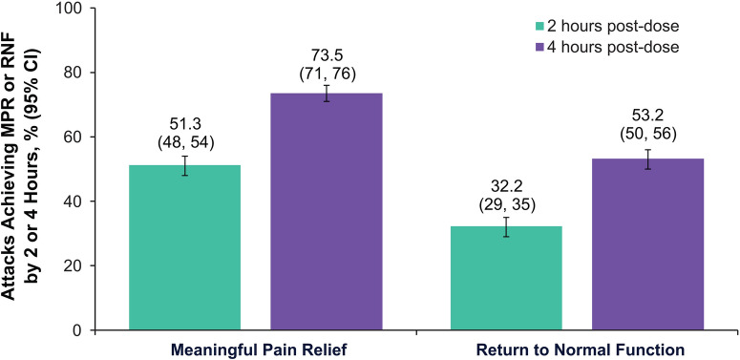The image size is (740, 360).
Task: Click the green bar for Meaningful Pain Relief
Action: click(184, 247)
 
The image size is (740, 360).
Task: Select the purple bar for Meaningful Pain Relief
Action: click(327, 211)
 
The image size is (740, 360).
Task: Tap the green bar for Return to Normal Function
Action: click(506, 278)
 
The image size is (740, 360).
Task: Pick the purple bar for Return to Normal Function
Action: click(648, 244)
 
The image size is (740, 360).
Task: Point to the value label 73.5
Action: click(327, 53)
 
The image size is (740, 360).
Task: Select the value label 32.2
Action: click(506, 186)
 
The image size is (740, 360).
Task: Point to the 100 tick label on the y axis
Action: click(68, 9)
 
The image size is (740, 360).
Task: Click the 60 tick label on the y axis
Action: click(72, 137)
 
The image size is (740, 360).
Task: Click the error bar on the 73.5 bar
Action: click(327, 94)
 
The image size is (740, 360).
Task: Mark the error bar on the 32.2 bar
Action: click(506, 227)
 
